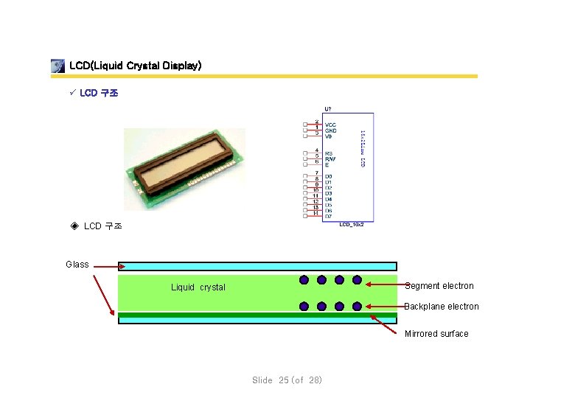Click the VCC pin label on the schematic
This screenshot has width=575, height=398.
coord(330,125)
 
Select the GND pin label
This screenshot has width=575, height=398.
coord(330,130)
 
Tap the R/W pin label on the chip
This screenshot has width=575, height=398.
coord(330,159)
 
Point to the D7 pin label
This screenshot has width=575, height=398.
coord(329,217)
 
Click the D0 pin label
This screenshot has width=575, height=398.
coord(329,177)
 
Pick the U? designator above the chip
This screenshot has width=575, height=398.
coord(327,109)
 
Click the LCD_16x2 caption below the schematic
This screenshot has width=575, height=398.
coord(352,224)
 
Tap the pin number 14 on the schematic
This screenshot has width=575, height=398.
coord(316,213)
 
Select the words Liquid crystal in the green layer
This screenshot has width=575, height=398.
coord(198,287)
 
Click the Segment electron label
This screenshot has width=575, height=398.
coord(439,286)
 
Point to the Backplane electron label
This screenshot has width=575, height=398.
coord(442,307)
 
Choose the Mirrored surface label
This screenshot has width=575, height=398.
coord(436,334)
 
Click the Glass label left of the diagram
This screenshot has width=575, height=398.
coord(77,265)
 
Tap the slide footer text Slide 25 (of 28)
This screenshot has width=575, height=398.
coord(287,380)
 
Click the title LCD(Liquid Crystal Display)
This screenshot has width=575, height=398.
coord(135,66)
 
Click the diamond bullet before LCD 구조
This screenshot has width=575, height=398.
coord(74,226)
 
